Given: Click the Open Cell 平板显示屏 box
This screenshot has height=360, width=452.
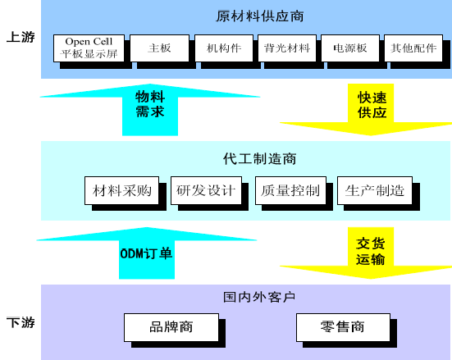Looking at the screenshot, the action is pyautogui.click(x=89, y=48).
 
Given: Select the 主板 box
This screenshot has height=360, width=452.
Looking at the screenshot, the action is pyautogui.click(x=159, y=48).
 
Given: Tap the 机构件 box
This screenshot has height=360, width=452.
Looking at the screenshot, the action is pyautogui.click(x=224, y=48).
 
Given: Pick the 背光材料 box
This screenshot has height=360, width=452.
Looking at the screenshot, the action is pyautogui.click(x=287, y=48).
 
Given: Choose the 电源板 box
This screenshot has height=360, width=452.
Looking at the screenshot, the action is pyautogui.click(x=350, y=48).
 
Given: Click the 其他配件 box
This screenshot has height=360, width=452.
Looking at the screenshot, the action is pyautogui.click(x=413, y=48).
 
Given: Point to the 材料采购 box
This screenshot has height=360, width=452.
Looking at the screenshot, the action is pyautogui.click(x=122, y=190).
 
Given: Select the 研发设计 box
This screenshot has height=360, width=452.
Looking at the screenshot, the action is pyautogui.click(x=206, y=190).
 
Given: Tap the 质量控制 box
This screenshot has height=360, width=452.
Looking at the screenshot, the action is pyautogui.click(x=290, y=190).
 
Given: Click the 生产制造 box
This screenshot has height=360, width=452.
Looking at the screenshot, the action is pyautogui.click(x=375, y=190).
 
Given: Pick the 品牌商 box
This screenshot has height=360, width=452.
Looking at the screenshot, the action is pyautogui.click(x=171, y=327).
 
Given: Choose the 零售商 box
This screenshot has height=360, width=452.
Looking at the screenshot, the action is pyautogui.click(x=343, y=327).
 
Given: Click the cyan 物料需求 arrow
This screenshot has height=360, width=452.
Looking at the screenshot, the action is pyautogui.click(x=150, y=110).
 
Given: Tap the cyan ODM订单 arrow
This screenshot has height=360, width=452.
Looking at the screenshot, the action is pyautogui.click(x=147, y=253).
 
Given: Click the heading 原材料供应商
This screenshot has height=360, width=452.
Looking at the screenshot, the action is pyautogui.click(x=260, y=16).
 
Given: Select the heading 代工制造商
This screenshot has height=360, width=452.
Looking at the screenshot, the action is pyautogui.click(x=260, y=159).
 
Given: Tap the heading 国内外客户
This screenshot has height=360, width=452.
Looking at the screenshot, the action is pyautogui.click(x=259, y=297).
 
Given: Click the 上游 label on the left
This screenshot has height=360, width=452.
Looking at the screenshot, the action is pyautogui.click(x=21, y=37).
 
